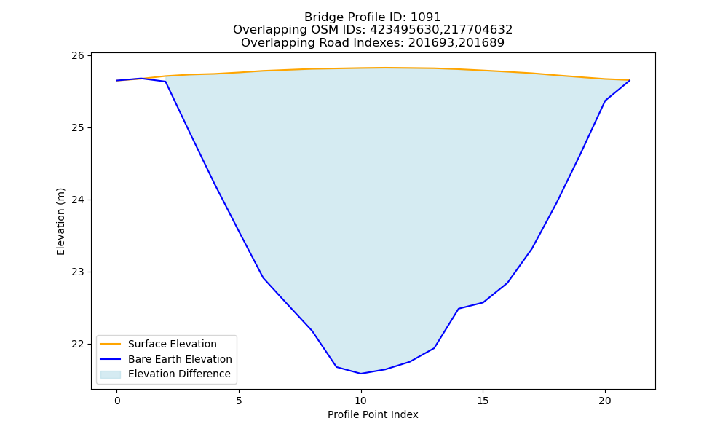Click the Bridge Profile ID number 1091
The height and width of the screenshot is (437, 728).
pos(425,17)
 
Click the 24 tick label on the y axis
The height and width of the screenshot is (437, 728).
pos(78,200)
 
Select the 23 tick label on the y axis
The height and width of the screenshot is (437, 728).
pos(78,272)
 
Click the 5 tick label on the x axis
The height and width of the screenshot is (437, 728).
pos(239,401)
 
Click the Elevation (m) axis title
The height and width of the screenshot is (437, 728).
pos(61,221)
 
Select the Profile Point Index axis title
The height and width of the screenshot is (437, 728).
pos(373,414)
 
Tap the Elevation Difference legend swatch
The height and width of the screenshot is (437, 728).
pos(111,374)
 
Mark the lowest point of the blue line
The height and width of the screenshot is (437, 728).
pos(361,374)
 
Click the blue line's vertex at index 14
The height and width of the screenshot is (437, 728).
pos(458,308)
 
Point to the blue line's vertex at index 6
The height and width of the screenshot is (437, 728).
pos(264,277)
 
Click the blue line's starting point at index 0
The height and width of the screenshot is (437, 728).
pos(116,80)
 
